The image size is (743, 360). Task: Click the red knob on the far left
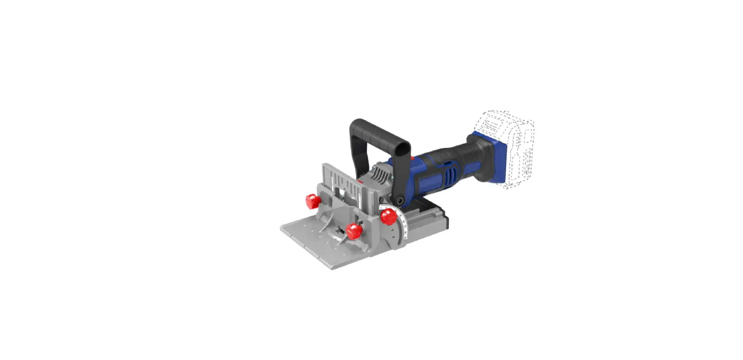[311, 201]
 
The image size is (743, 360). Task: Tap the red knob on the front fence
[353, 231]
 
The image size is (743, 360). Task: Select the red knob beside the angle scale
[388, 217]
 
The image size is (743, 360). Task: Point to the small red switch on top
[412, 159]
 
